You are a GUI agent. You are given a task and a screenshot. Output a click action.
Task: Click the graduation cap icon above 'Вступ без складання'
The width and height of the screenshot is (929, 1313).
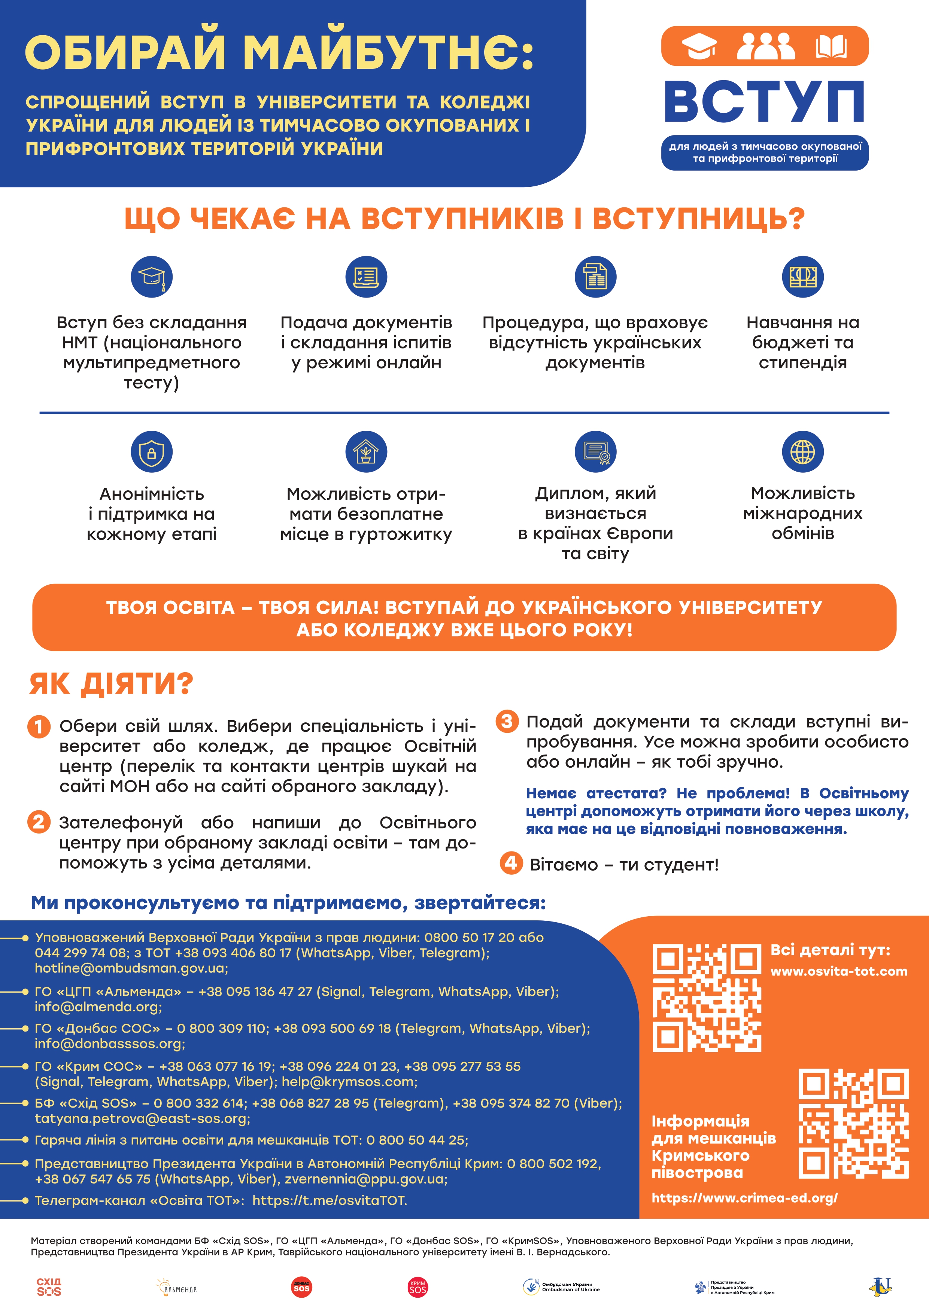click(x=152, y=277)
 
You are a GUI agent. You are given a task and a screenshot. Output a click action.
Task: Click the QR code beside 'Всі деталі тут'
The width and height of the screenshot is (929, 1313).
click(x=707, y=998)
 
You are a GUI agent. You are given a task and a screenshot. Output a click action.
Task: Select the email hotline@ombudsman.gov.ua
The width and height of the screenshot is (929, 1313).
click(x=131, y=968)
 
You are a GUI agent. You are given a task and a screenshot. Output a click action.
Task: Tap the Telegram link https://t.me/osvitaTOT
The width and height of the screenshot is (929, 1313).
click(x=330, y=1200)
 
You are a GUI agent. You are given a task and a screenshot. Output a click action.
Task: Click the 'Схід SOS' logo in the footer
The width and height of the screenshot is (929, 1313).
click(x=49, y=1287)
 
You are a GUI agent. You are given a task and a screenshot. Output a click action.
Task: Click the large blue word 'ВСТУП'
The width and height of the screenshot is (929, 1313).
click(x=764, y=102)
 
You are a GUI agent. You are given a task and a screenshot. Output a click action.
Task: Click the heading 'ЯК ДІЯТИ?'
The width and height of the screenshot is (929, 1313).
click(x=112, y=683)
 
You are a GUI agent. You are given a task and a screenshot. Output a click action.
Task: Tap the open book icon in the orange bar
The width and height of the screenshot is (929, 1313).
click(x=831, y=46)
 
